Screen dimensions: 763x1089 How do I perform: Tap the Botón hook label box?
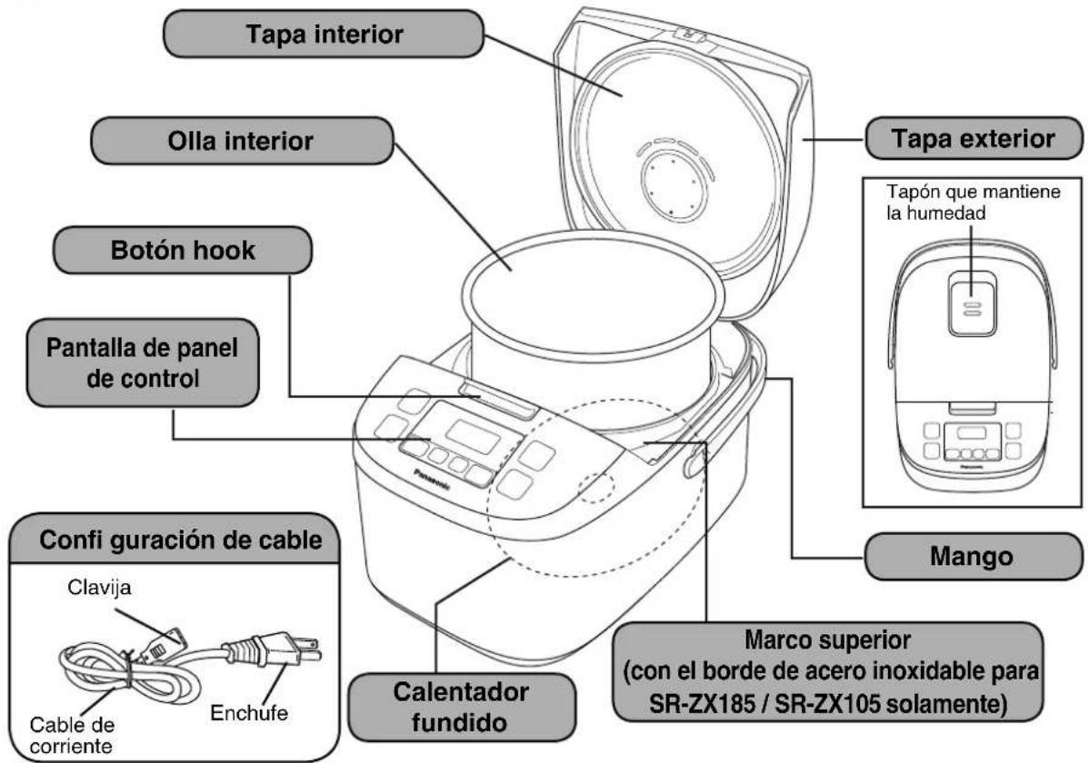182,252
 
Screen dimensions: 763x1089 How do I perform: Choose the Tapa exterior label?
973,140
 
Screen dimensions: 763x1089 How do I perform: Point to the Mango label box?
973,556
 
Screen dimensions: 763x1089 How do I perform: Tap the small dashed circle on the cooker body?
594,487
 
